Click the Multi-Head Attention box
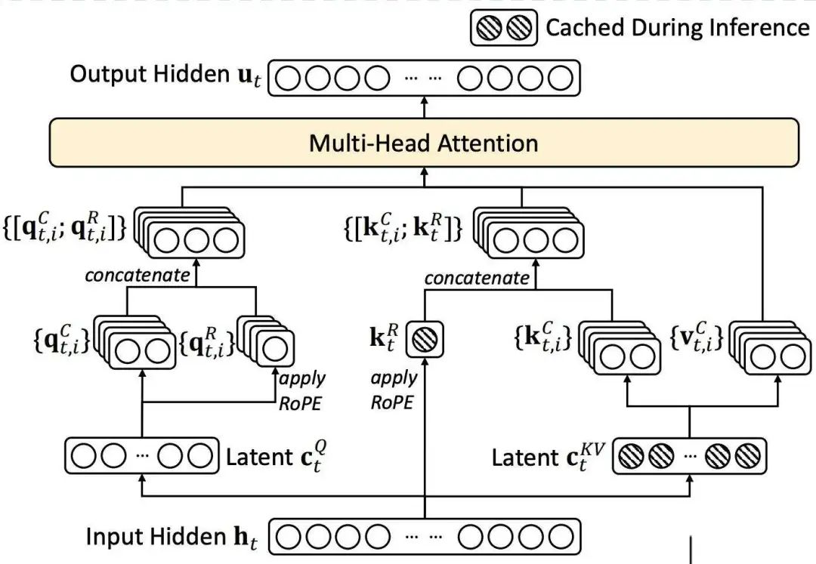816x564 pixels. pyautogui.click(x=423, y=143)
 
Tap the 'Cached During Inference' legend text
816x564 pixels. pyautogui.click(x=676, y=28)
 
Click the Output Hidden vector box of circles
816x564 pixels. pyautogui.click(x=425, y=79)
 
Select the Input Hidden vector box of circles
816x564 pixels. pyautogui.click(x=425, y=538)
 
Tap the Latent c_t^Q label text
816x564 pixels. pyautogui.click(x=277, y=457)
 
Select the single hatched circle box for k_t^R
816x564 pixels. pyautogui.click(x=425, y=337)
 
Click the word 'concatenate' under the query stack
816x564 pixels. pyautogui.click(x=138, y=275)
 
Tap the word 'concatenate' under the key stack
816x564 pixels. pyautogui.click(x=477, y=277)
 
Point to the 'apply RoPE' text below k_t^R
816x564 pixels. pyautogui.click(x=393, y=389)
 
